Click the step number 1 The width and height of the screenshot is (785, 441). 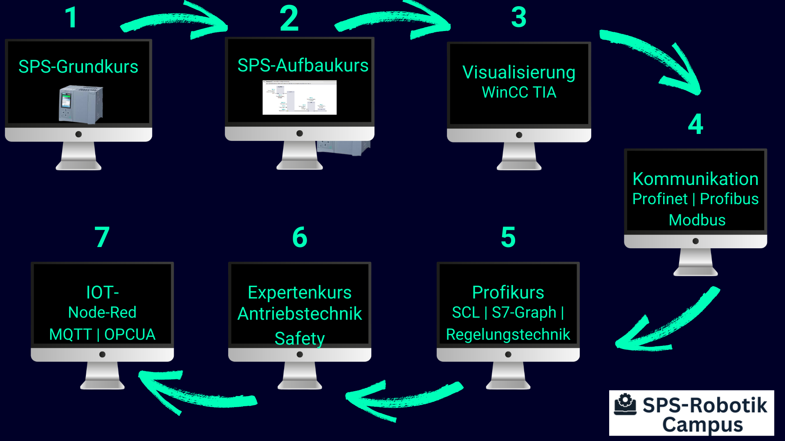pos(72,18)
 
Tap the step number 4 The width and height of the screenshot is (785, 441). pos(695,124)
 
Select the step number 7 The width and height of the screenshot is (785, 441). pos(102,237)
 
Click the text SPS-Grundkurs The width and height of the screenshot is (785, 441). pos(78,67)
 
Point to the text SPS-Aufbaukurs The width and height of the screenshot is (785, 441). pos(303,65)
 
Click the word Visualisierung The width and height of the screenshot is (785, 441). pos(519,72)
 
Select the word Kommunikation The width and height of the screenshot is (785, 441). pos(695,179)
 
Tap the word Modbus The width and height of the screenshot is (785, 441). pos(697,220)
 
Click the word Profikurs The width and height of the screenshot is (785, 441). pos(508,292)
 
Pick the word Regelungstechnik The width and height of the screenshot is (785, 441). pos(508,334)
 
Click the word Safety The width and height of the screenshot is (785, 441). pos(300,338)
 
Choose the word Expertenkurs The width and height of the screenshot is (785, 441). pos(300,292)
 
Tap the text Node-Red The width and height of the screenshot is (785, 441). pos(102,312)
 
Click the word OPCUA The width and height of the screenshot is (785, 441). pos(130,334)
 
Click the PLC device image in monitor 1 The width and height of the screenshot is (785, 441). pos(81,104)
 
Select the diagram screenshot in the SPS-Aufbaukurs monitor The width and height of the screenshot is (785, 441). pos(299,98)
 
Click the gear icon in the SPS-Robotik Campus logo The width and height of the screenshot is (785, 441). pos(625,404)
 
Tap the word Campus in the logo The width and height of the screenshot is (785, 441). pos(702,425)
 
